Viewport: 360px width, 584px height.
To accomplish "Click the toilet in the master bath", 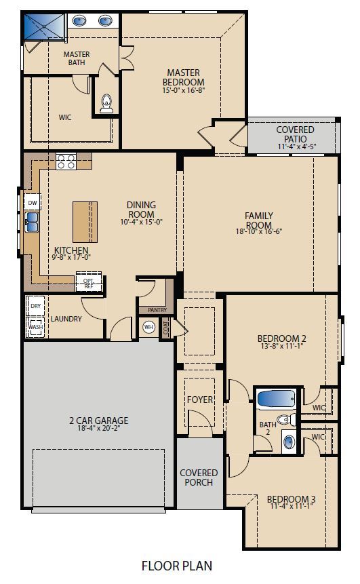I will (x=105, y=104).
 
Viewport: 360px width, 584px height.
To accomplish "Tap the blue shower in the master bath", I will (x=42, y=27).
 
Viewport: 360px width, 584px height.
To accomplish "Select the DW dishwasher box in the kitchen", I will (x=32, y=202).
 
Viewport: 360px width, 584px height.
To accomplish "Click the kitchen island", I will (x=85, y=221).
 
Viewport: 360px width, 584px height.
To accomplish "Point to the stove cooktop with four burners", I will (x=66, y=161).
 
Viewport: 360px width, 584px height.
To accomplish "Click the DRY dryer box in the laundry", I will (x=35, y=307).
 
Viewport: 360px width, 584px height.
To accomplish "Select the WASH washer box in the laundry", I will (x=35, y=327).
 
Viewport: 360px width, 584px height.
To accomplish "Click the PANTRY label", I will (x=157, y=310).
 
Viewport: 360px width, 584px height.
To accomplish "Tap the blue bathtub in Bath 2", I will (x=276, y=398).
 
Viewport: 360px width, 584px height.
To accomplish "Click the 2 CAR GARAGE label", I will (x=98, y=421).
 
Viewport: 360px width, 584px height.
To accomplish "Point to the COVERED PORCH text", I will (x=199, y=478).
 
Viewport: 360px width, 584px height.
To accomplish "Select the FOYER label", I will (x=200, y=400).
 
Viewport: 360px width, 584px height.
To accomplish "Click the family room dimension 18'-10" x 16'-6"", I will (x=258, y=231).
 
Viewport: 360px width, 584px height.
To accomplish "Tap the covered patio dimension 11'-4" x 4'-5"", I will (x=295, y=147).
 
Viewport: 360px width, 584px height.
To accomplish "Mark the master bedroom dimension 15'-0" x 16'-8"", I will (x=182, y=90).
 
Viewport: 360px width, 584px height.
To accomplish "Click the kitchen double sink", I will (x=31, y=219).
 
